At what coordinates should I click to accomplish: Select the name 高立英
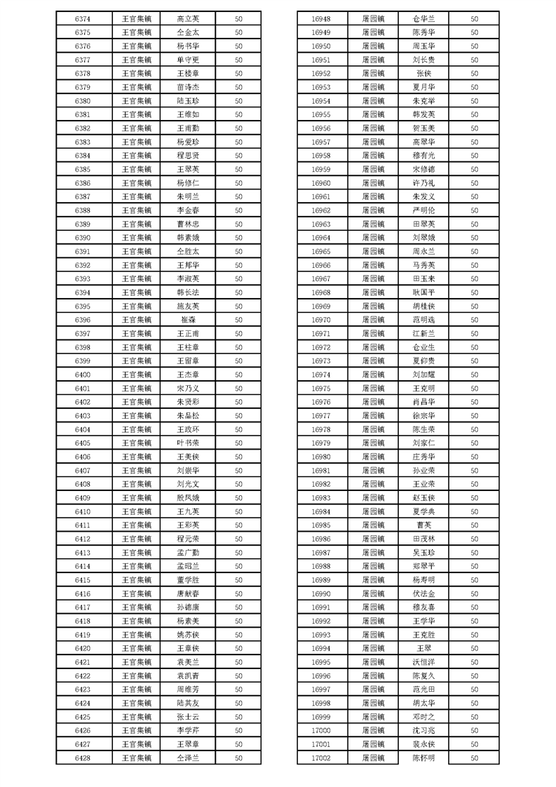coord(188,19)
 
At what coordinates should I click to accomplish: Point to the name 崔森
coord(188,320)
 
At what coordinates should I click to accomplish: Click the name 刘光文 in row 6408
coord(188,484)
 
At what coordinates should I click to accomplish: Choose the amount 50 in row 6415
coord(238,580)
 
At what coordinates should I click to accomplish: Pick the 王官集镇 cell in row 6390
coord(136,238)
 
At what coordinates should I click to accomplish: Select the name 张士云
coord(188,717)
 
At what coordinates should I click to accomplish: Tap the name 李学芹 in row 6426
coord(188,730)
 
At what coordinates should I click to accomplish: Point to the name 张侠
coord(423,74)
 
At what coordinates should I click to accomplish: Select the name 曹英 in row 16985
coord(423,525)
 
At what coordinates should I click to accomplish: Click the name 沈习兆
coord(423,730)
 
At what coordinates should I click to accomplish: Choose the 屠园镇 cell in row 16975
coord(373,389)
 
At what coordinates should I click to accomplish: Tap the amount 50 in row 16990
coord(474,593)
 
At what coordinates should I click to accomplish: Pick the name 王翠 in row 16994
coord(423,648)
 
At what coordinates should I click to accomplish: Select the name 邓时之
coord(423,717)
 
